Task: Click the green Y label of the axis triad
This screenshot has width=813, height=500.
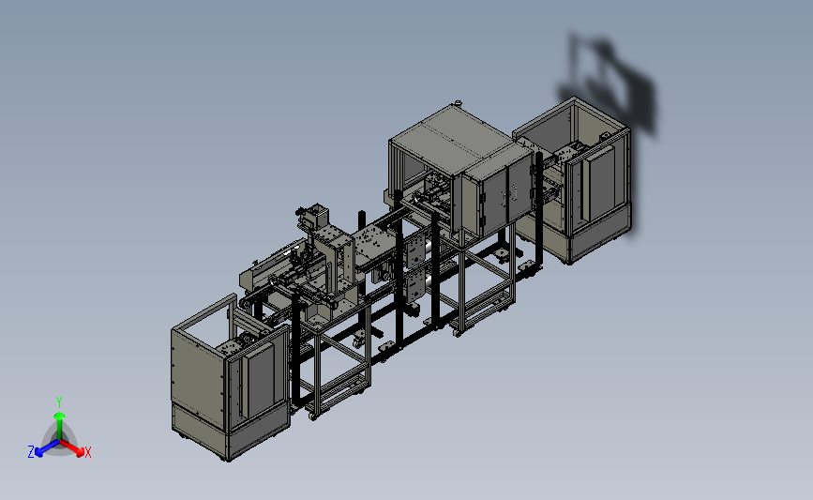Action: (x=58, y=402)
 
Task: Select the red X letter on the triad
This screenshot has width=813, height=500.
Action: (x=87, y=452)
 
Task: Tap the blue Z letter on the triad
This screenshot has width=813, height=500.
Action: (x=31, y=452)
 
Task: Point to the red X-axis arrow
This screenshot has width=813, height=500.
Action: (x=71, y=447)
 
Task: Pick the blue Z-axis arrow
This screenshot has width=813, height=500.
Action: (x=48, y=448)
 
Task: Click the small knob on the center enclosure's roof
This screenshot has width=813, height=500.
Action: (x=458, y=102)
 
